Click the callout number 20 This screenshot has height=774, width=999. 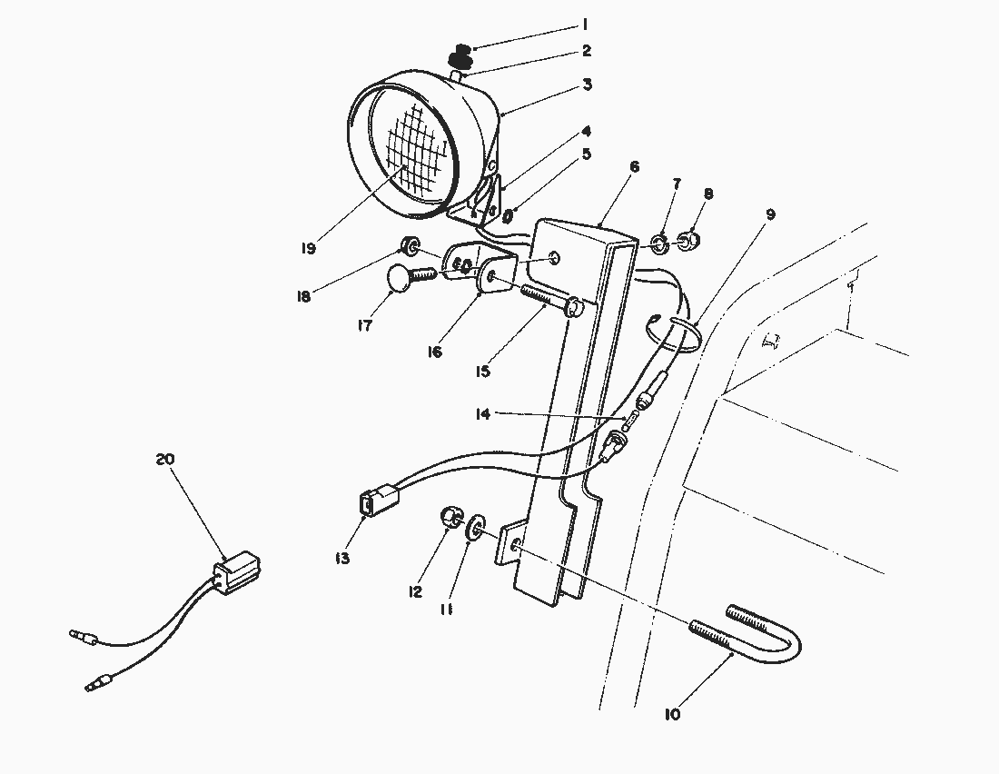(165, 459)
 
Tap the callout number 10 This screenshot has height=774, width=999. (672, 714)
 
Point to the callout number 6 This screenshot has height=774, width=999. (634, 166)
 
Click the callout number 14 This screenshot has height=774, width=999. (481, 414)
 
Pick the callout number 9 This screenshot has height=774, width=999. (770, 214)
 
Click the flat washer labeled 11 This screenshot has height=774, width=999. (475, 530)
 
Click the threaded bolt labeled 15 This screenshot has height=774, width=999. (549, 301)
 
